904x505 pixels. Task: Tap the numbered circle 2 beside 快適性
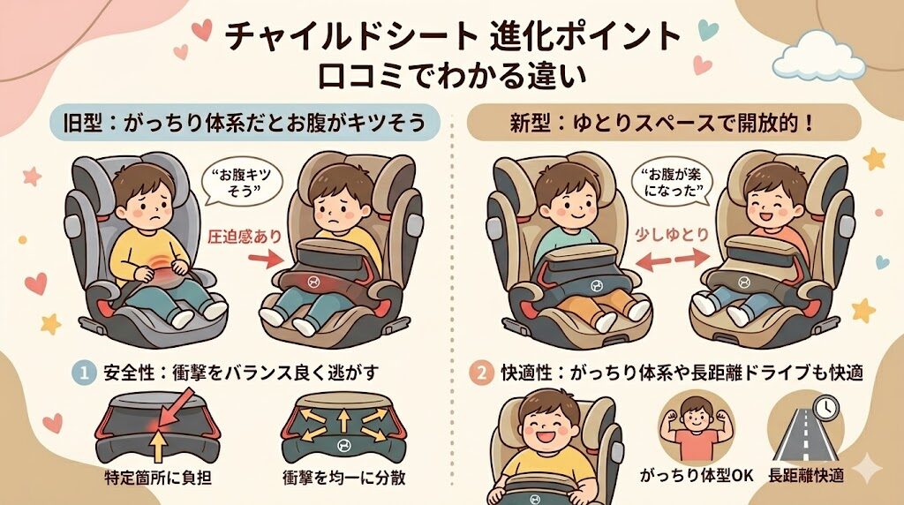pos(480,372)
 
